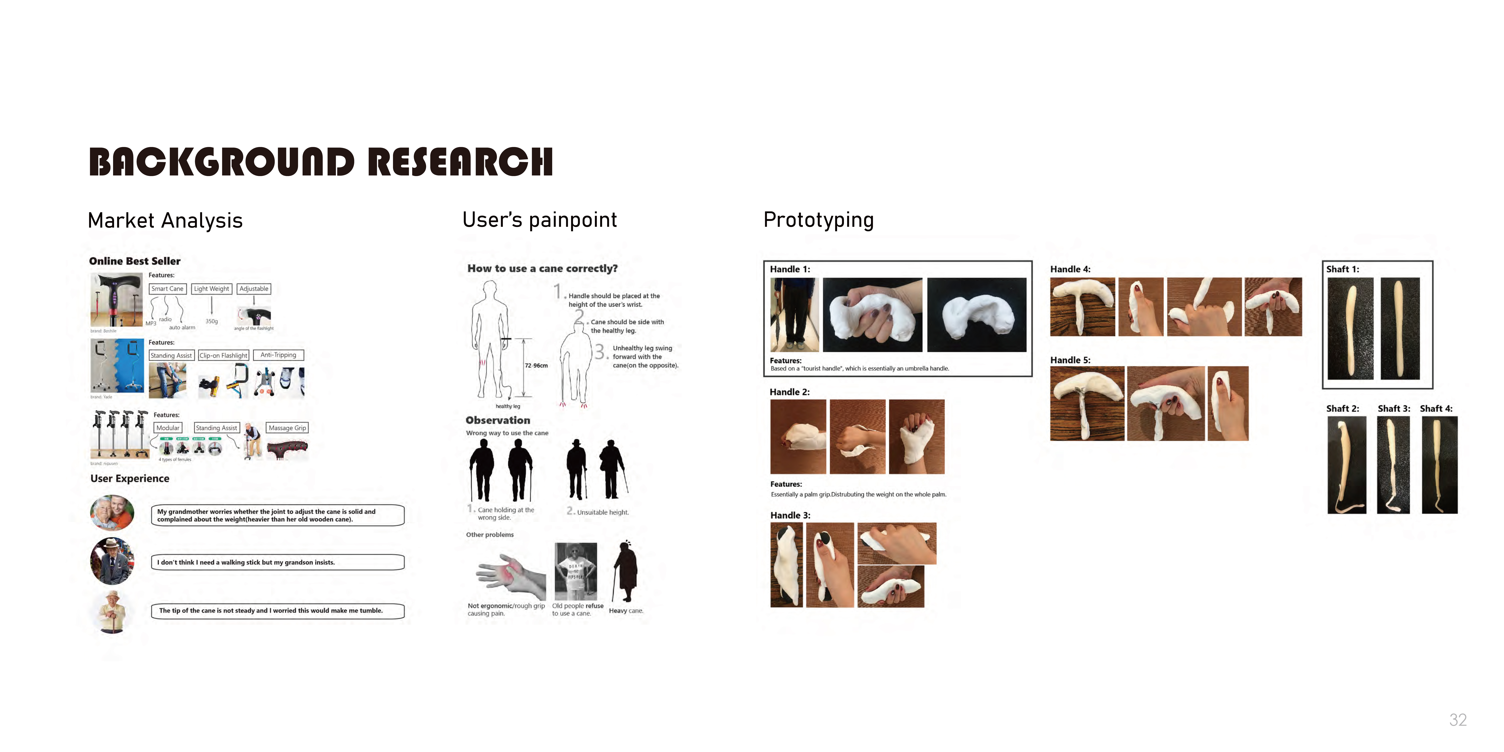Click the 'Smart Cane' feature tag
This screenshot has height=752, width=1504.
click(x=168, y=289)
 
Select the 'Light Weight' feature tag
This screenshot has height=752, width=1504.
click(x=211, y=289)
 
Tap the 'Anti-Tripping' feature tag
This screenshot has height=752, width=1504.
click(x=279, y=355)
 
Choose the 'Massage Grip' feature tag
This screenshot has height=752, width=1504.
click(x=287, y=428)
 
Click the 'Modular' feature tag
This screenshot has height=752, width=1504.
click(x=168, y=428)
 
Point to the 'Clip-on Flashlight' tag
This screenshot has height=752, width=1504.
click(x=224, y=356)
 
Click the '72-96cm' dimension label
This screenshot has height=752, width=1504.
click(x=536, y=366)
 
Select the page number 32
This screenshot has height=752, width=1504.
click(x=1458, y=720)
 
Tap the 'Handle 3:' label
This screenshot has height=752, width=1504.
click(x=790, y=516)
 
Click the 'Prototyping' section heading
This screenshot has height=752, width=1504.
click(x=818, y=220)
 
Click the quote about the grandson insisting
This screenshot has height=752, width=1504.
click(x=277, y=562)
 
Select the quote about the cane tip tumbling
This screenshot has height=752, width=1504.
click(x=277, y=611)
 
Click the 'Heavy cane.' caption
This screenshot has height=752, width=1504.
click(x=626, y=611)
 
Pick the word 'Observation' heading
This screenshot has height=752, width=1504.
click(x=498, y=420)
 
